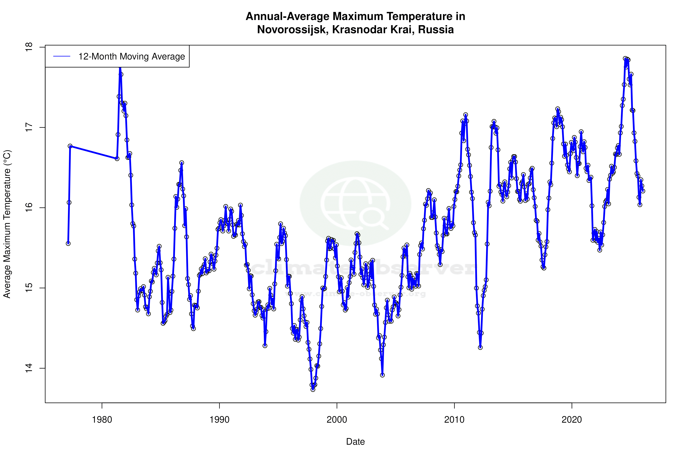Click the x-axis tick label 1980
tap(102, 420)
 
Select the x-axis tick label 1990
tap(219, 420)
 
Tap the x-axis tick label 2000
tap(337, 420)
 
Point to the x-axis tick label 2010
tap(454, 420)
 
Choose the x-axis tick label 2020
tap(572, 420)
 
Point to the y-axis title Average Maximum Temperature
tap(7, 224)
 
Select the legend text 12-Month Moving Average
tap(132, 57)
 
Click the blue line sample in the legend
tap(62, 57)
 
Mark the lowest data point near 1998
tap(313, 389)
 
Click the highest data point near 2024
tap(625, 59)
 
